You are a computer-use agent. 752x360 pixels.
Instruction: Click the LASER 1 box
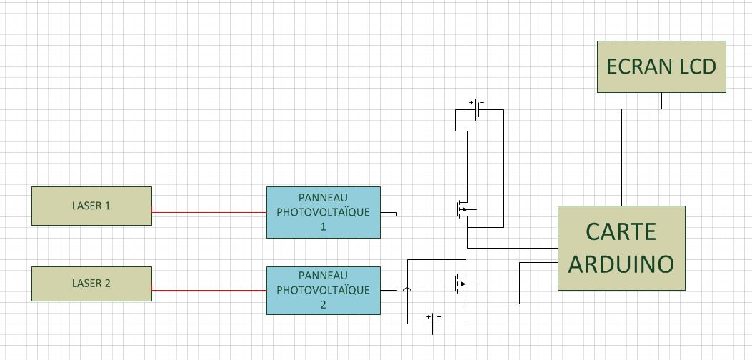pyautogui.click(x=91, y=206)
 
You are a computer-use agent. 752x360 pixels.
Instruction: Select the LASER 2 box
pyautogui.click(x=91, y=284)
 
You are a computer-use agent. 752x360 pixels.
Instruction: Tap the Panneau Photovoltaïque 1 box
pyautogui.click(x=323, y=212)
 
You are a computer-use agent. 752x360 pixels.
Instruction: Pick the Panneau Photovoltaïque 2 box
pyautogui.click(x=323, y=290)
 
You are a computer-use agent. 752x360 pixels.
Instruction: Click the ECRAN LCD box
pyautogui.click(x=661, y=66)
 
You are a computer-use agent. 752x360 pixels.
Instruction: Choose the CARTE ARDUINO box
pyautogui.click(x=621, y=248)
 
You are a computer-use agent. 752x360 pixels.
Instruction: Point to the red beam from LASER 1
pyautogui.click(x=209, y=212)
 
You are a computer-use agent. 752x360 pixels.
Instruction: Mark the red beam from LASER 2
pyautogui.click(x=209, y=290)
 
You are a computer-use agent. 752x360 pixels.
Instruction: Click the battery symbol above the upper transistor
pyautogui.click(x=477, y=110)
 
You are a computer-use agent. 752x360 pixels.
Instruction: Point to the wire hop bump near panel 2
pyautogui.click(x=407, y=289)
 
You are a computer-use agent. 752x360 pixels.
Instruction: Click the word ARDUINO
pyautogui.click(x=621, y=264)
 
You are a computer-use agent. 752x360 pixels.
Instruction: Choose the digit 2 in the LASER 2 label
pyautogui.click(x=107, y=284)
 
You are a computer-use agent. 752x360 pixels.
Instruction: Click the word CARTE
pyautogui.click(x=621, y=231)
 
